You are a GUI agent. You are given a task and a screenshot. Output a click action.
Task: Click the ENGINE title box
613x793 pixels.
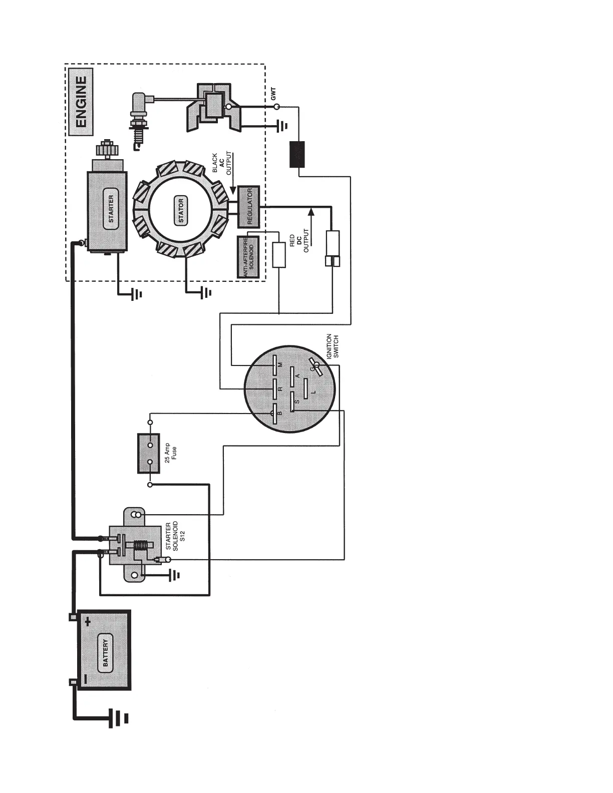81,102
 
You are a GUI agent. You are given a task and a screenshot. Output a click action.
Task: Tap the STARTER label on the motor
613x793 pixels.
111,209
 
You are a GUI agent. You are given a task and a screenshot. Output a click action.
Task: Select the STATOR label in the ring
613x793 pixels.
181,211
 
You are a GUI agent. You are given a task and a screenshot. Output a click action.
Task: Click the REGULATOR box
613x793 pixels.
248,206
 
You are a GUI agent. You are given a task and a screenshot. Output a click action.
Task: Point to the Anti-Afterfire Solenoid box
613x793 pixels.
248,257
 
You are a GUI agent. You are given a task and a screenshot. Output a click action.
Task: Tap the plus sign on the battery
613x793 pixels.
88,622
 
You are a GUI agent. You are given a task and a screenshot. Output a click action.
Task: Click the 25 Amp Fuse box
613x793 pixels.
149,453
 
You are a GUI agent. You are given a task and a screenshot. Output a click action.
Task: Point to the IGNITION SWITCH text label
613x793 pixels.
333,346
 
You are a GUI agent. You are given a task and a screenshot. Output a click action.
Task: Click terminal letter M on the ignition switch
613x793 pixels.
280,364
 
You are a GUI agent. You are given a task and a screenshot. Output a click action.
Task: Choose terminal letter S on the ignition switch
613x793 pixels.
297,402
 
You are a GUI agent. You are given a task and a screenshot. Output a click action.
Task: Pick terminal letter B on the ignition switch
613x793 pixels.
280,413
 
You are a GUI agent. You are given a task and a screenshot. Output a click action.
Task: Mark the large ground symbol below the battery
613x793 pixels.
119,718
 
